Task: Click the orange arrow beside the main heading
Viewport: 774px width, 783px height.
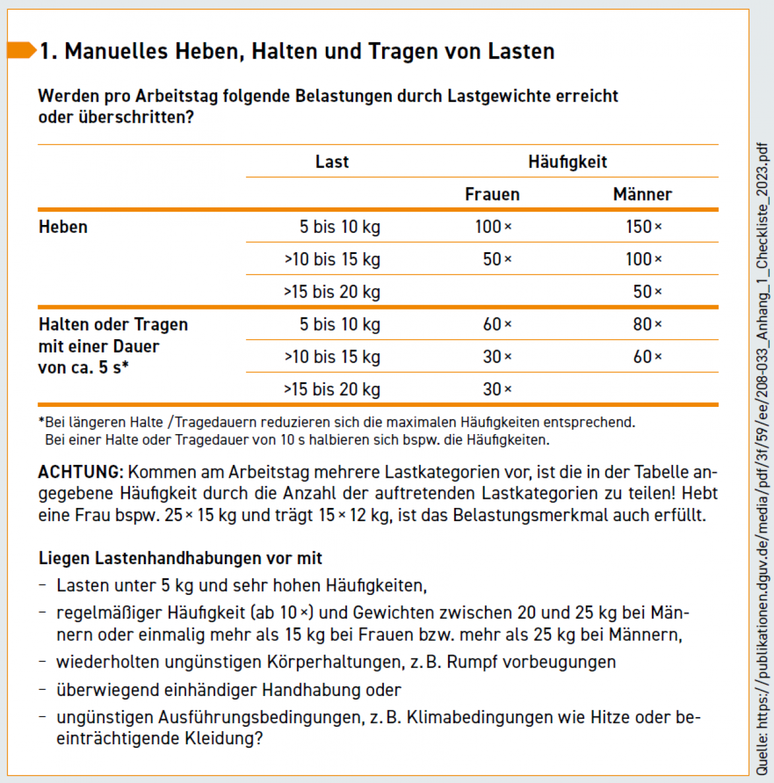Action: (22, 50)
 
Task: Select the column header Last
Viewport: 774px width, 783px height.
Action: (332, 161)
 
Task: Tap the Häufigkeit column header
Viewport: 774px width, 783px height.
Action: (567, 161)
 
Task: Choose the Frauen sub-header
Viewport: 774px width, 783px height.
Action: (492, 194)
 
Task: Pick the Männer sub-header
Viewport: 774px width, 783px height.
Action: (642, 194)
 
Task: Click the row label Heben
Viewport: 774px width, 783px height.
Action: (63, 227)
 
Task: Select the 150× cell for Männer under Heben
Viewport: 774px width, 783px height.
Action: (643, 227)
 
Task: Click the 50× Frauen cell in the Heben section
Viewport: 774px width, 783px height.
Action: (497, 259)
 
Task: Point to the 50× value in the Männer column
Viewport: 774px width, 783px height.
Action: (647, 292)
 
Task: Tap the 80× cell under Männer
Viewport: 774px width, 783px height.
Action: (647, 325)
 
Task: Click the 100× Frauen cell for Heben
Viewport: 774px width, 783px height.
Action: (493, 227)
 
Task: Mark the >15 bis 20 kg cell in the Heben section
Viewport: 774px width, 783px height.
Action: (332, 292)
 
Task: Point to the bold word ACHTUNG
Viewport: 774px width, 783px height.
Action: (81, 472)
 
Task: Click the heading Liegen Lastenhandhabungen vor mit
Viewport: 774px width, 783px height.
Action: (180, 558)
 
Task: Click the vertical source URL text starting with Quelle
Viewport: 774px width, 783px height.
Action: (762, 460)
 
